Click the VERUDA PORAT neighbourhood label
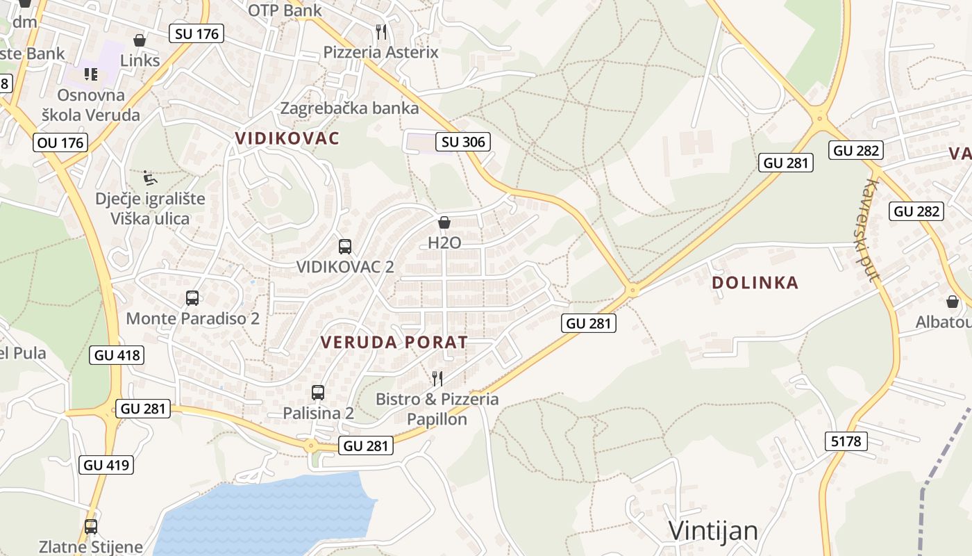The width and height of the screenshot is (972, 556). coord(394,342)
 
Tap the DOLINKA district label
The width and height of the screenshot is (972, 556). coord(755,283)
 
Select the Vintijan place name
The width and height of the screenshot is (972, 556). coord(713,531)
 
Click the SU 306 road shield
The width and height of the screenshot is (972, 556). coord(463,142)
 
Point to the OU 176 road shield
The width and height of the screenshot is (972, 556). coord(60,143)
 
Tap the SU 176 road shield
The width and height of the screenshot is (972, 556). coord(196,33)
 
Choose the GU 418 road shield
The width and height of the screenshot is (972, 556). coord(117,355)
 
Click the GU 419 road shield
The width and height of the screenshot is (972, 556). coord(107,465)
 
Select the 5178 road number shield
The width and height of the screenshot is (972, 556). coord(846,441)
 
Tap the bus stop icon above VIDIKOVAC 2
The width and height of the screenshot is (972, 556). coord(345,246)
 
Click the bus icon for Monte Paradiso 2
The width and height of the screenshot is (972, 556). coord(192,298)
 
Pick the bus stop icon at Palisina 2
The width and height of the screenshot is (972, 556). coord(318,393)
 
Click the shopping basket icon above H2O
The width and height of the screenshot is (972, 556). coord(444,222)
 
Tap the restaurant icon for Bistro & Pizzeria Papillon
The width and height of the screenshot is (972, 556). coord(437,378)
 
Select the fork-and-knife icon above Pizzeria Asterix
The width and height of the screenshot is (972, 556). coord(380,31)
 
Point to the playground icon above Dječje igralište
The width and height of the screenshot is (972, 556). coord(150,178)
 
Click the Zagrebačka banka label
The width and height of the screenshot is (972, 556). coord(349,108)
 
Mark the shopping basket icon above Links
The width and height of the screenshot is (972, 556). coord(140,40)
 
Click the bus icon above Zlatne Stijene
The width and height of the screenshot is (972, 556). coord(91,526)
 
